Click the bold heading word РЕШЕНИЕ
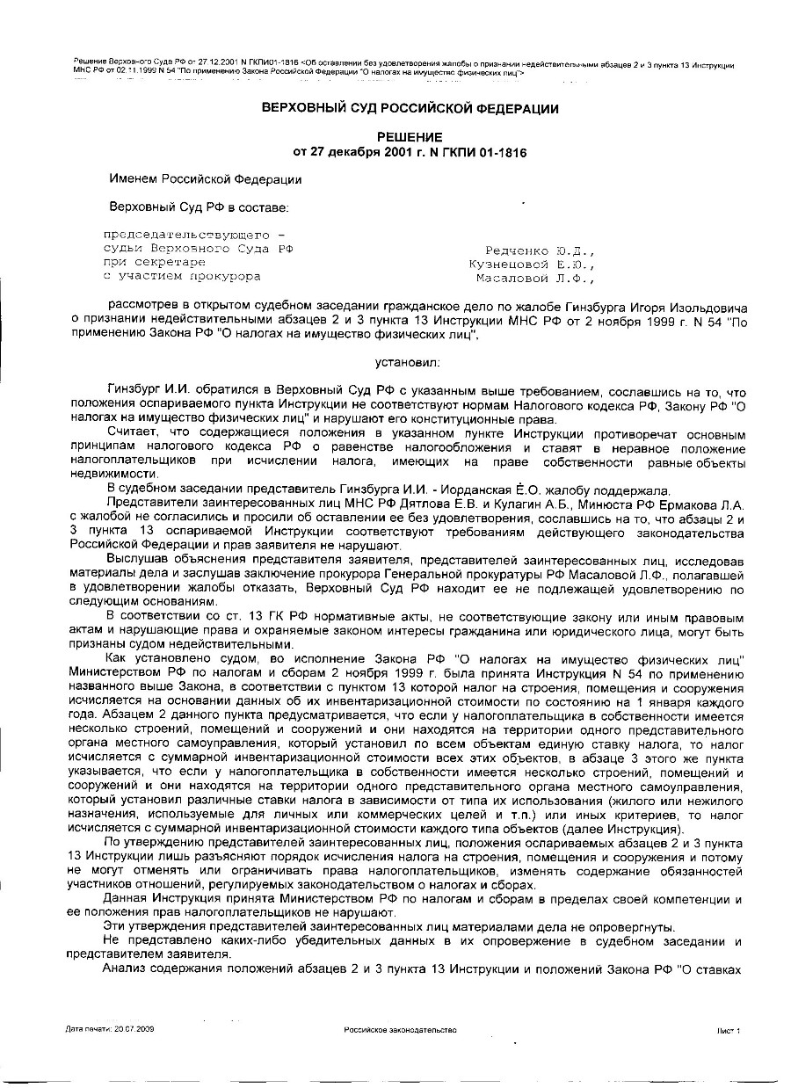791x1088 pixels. (410, 137)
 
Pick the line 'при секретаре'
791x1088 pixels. (155, 262)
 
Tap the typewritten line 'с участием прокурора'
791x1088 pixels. (182, 276)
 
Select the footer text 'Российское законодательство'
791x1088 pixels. (400, 1028)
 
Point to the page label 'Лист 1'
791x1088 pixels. (729, 1028)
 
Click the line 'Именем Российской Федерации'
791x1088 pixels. (205, 179)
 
